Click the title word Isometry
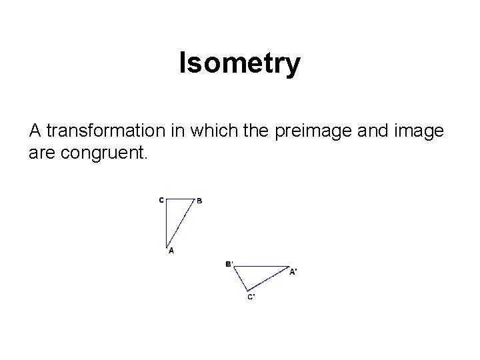240,64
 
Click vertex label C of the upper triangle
161,199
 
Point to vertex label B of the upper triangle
199,201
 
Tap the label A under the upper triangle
171,251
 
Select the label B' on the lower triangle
229,264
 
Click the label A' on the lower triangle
293,271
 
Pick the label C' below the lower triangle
251,297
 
